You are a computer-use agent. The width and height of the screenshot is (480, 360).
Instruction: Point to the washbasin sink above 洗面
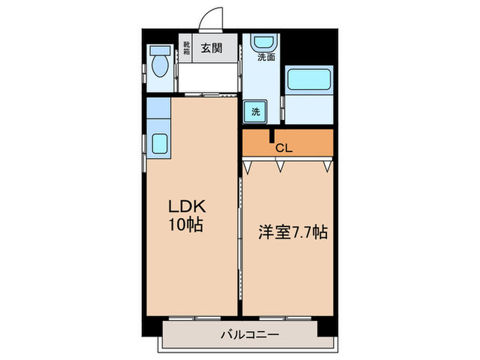263,43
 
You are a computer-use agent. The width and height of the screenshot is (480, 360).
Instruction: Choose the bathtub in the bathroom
308,81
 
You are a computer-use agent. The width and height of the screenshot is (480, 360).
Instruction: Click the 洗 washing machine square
255,112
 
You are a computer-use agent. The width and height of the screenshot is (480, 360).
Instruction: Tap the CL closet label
283,146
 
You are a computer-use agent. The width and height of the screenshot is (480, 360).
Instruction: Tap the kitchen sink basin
160,143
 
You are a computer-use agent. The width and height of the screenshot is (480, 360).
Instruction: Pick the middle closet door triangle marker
280,165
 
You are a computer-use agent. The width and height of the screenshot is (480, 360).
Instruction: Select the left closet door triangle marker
248,165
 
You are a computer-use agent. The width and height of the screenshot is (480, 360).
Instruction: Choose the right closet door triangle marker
328,165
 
